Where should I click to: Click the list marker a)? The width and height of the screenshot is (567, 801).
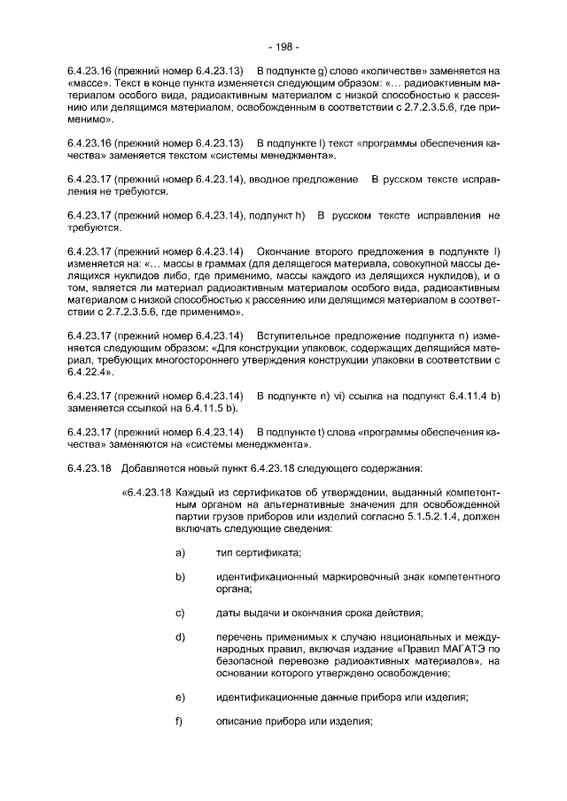click(180, 553)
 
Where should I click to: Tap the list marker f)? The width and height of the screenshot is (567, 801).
click(179, 721)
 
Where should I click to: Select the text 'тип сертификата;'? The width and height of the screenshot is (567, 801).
click(258, 553)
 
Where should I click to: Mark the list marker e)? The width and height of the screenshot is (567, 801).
click(180, 697)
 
